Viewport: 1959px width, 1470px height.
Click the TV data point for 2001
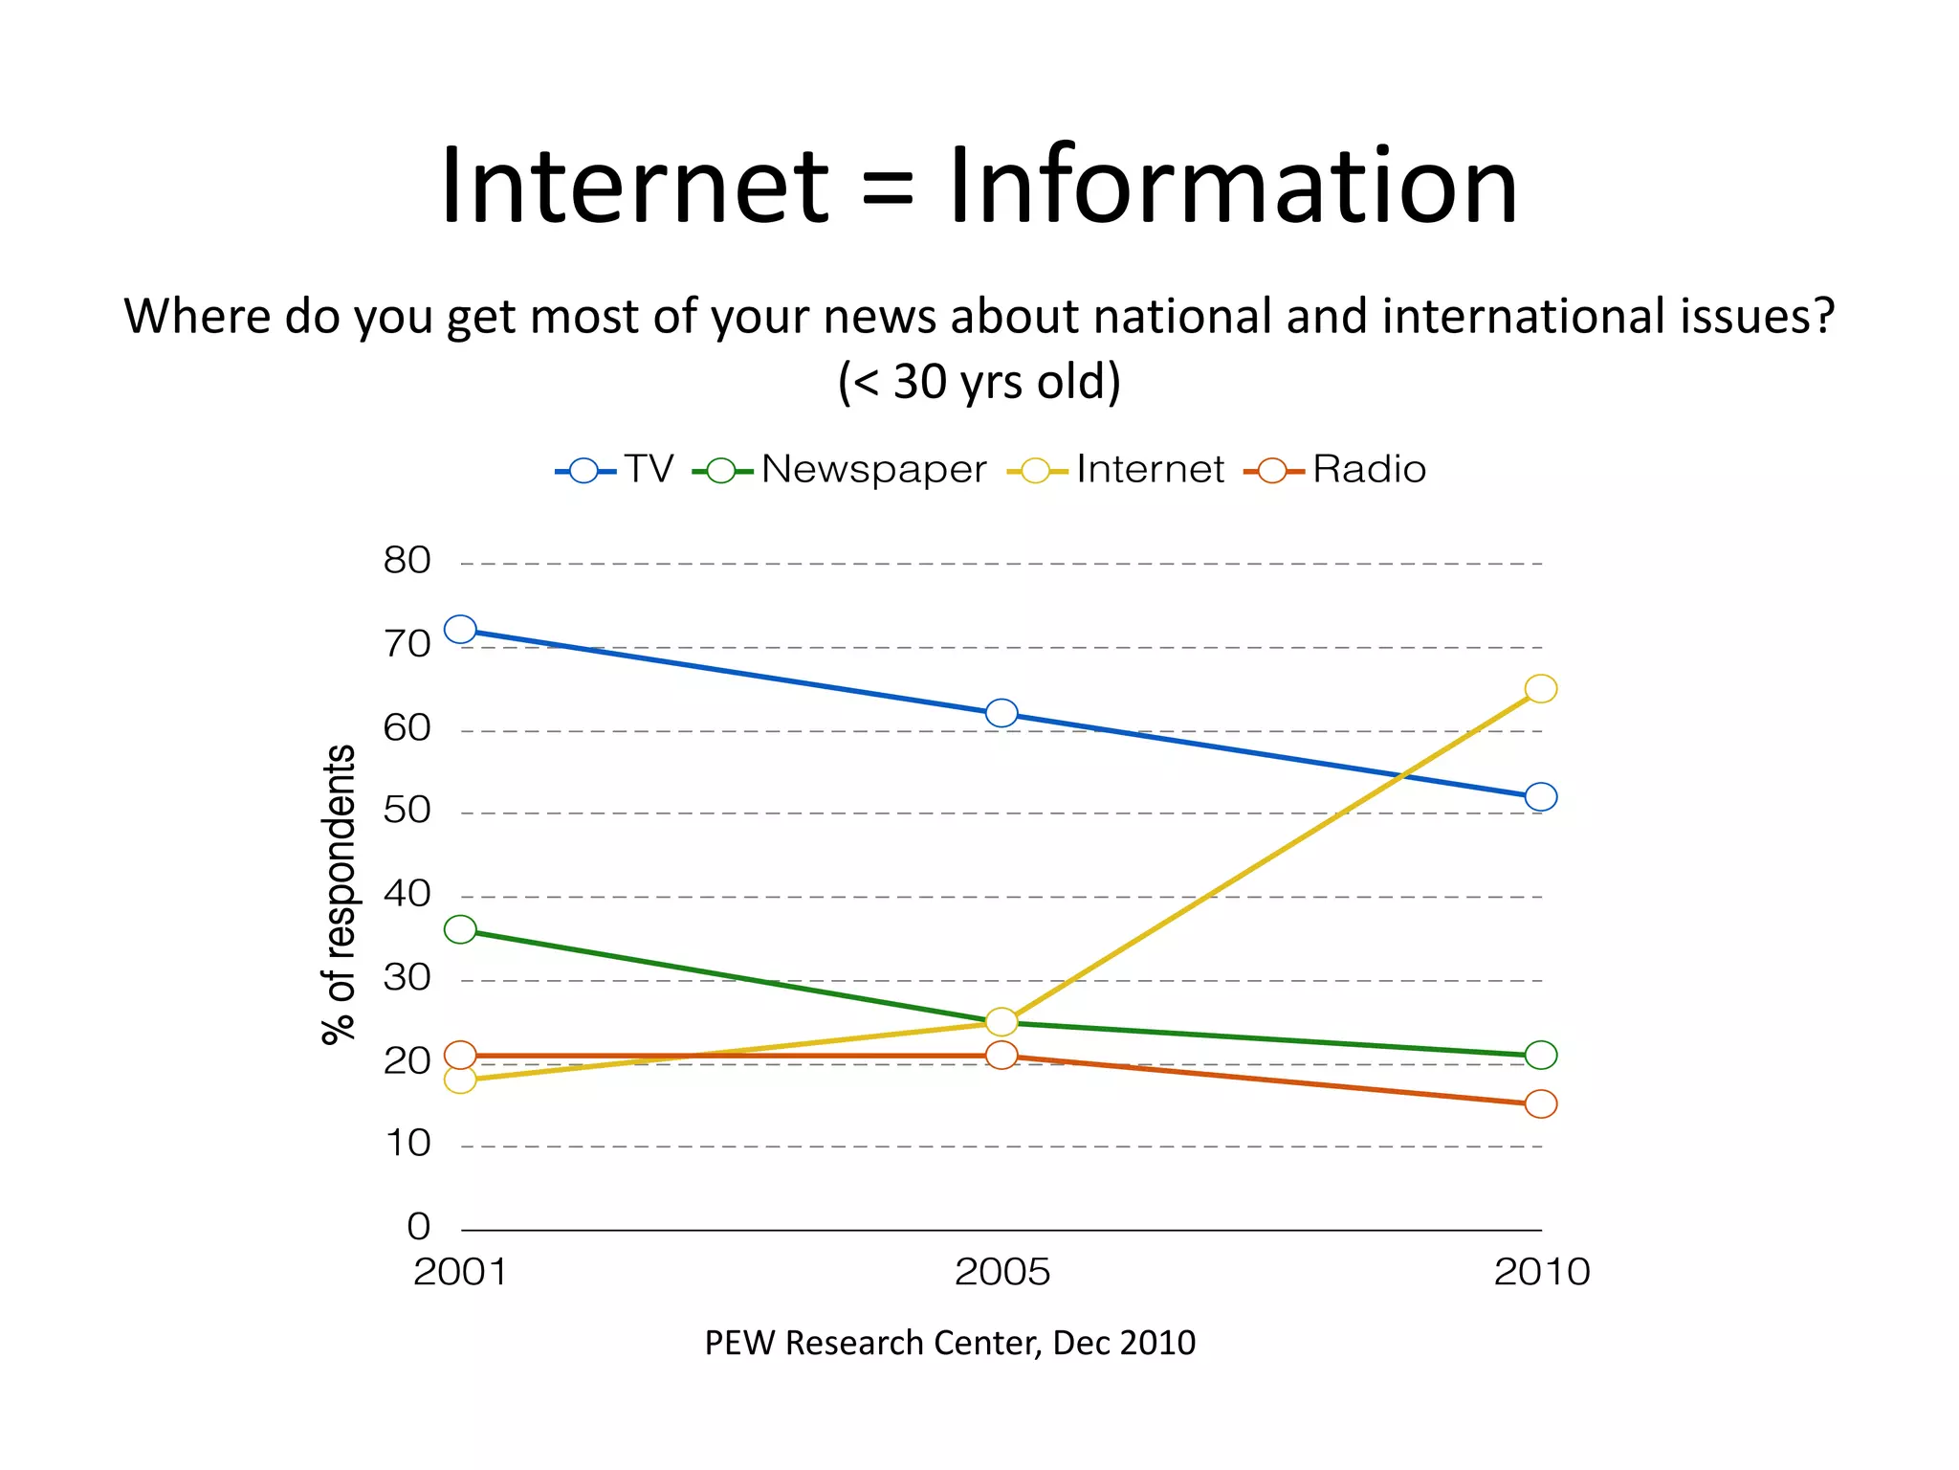click(x=460, y=630)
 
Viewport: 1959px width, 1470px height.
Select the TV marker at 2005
click(x=1002, y=713)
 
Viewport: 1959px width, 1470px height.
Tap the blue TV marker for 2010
click(x=1541, y=796)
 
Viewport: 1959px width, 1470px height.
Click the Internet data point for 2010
click(x=1541, y=688)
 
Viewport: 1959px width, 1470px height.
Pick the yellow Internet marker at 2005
click(x=1002, y=1022)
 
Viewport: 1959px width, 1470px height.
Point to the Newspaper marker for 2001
click(x=460, y=929)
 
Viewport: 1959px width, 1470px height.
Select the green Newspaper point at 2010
click(x=1541, y=1055)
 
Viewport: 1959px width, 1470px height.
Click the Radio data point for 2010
click(x=1541, y=1103)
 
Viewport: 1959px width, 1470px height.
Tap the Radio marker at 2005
click(x=1002, y=1055)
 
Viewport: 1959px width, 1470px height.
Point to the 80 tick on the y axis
click(x=407, y=561)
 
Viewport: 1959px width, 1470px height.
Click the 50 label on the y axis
click(x=407, y=811)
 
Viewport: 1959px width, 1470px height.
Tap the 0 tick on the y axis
click(x=419, y=1227)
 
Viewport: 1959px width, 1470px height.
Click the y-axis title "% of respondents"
click(x=339, y=894)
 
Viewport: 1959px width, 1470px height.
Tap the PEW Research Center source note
click(x=950, y=1343)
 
